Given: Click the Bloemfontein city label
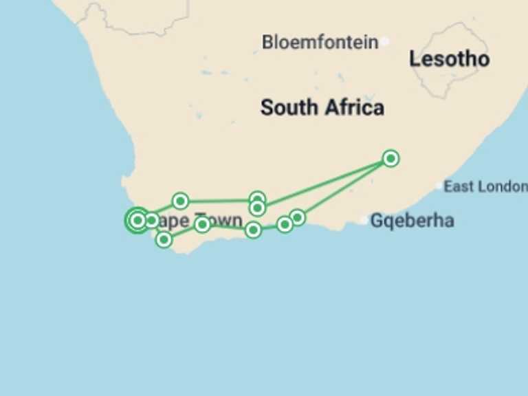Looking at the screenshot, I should (x=320, y=43).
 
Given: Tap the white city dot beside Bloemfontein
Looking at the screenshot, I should (x=384, y=42).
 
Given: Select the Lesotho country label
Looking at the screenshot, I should (x=449, y=59).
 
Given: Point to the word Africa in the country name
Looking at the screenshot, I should (x=354, y=107).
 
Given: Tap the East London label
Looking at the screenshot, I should (x=485, y=186).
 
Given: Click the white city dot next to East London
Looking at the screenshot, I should (x=439, y=186).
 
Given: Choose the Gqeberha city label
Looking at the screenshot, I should (x=412, y=221).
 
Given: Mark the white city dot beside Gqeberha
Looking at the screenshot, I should (x=364, y=221).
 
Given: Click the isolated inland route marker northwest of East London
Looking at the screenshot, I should (x=390, y=159).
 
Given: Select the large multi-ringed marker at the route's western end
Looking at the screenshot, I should (x=137, y=220).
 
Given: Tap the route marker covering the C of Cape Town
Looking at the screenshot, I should (x=151, y=221).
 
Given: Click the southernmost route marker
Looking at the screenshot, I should (x=164, y=239).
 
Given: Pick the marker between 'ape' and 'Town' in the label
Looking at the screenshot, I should (x=202, y=224).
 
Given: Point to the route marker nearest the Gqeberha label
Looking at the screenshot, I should (x=297, y=217).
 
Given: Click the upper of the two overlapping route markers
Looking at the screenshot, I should (x=257, y=199).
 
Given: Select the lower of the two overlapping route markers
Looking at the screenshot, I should (x=257, y=208).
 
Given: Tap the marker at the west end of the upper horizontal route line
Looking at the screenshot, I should (x=180, y=201).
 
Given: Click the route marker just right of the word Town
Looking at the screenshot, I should (x=253, y=230).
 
